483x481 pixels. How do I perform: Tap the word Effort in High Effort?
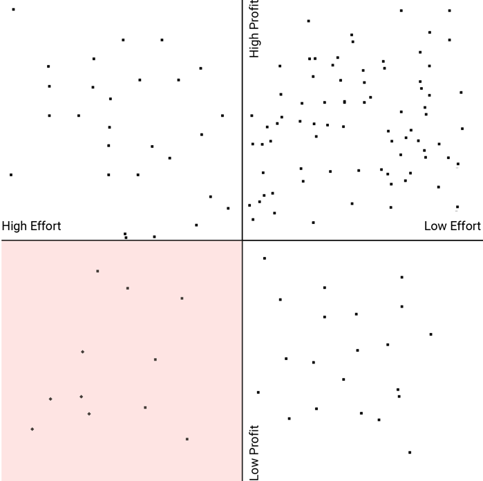pos(46,226)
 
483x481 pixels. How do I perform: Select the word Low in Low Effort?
pos(435,226)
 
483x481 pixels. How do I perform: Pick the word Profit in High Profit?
pos(254,14)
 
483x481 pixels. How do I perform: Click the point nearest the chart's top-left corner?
pos(13,10)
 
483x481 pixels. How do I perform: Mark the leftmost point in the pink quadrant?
pos(32,429)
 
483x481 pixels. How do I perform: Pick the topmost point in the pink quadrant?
pos(97,271)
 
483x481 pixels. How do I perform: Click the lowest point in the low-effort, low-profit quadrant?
pos(410,453)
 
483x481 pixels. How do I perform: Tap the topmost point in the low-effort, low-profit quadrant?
pos(265,258)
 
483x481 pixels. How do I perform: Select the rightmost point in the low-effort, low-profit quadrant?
pos(430,334)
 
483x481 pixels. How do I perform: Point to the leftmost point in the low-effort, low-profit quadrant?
pos(258,393)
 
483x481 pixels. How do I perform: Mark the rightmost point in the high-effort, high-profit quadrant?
pos(228,208)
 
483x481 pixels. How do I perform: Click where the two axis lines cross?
pos(243,240)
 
